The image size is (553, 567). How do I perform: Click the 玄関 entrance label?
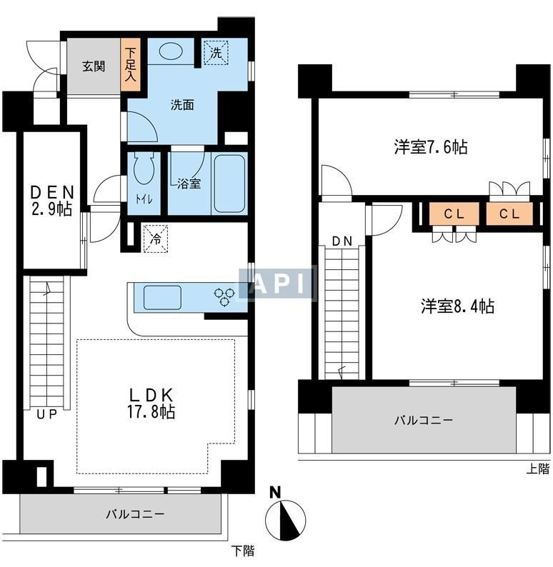coord(94,66)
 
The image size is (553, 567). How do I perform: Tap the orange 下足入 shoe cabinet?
coord(130,64)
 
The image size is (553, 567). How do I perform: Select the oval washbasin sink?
coord(170,51)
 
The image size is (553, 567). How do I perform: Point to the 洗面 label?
coord(182,105)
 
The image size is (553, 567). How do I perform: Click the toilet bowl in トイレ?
coord(144,168)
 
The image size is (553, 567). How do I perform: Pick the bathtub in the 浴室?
coord(229,184)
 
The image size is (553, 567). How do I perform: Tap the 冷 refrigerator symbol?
coord(156,239)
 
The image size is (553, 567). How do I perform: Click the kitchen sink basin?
coord(162,297)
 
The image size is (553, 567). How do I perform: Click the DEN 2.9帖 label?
coord(51,201)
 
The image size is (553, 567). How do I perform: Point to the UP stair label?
coord(46,414)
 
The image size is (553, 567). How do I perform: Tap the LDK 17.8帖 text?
coord(151,403)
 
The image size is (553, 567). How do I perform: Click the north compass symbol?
coord(285,516)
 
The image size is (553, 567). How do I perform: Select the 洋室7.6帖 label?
coord(431,147)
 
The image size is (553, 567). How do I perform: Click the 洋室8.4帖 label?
coord(457,306)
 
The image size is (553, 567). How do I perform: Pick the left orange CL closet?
coord(454,214)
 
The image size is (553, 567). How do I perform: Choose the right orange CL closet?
coord(509,214)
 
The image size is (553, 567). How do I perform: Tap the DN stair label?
coord(342,241)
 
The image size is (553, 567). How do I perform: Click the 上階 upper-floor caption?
coord(537,468)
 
